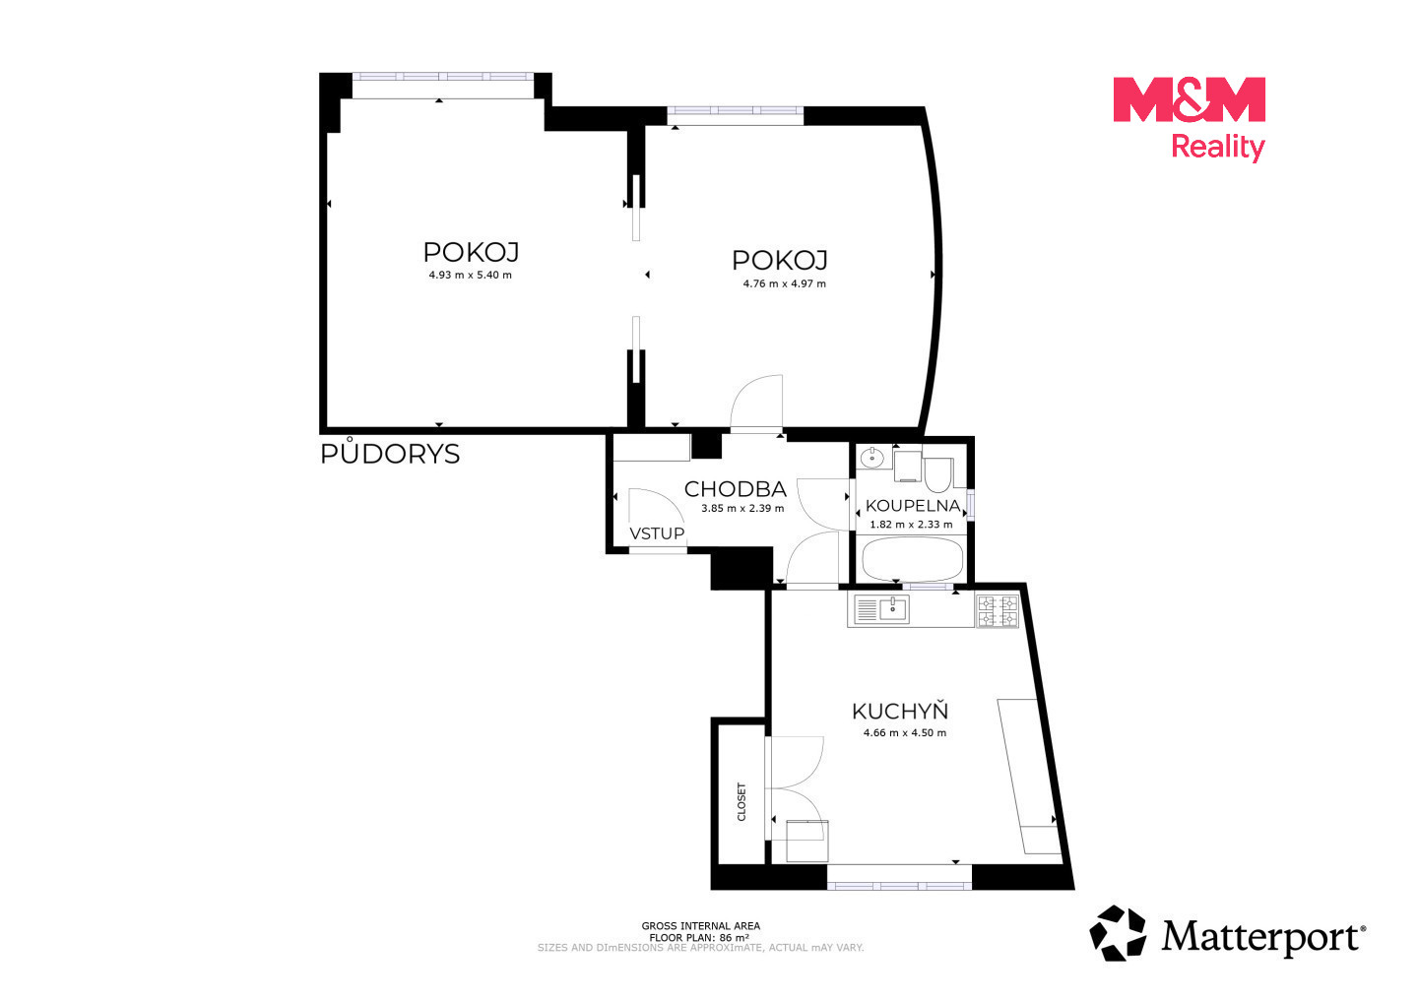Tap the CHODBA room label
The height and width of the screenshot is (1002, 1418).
(735, 489)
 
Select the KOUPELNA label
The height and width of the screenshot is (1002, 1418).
(912, 505)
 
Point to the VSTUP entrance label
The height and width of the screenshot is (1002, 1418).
(657, 533)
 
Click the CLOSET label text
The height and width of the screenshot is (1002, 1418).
(741, 802)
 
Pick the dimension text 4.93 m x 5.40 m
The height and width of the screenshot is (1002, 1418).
(471, 276)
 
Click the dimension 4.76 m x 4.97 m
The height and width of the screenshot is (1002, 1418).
(784, 284)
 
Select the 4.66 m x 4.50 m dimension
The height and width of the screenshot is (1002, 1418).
(905, 733)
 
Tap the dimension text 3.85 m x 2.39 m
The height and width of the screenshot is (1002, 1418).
(742, 508)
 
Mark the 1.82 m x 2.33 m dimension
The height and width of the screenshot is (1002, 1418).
(911, 525)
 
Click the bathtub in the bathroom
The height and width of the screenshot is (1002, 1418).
(912, 558)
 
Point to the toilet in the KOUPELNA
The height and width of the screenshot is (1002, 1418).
(937, 475)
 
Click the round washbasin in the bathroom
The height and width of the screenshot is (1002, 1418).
(872, 456)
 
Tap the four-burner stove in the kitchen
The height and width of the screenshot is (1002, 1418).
(997, 611)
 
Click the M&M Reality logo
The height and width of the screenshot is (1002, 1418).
(1189, 119)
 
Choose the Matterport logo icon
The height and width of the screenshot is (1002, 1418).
(1117, 933)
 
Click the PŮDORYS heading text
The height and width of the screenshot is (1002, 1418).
(390, 453)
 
